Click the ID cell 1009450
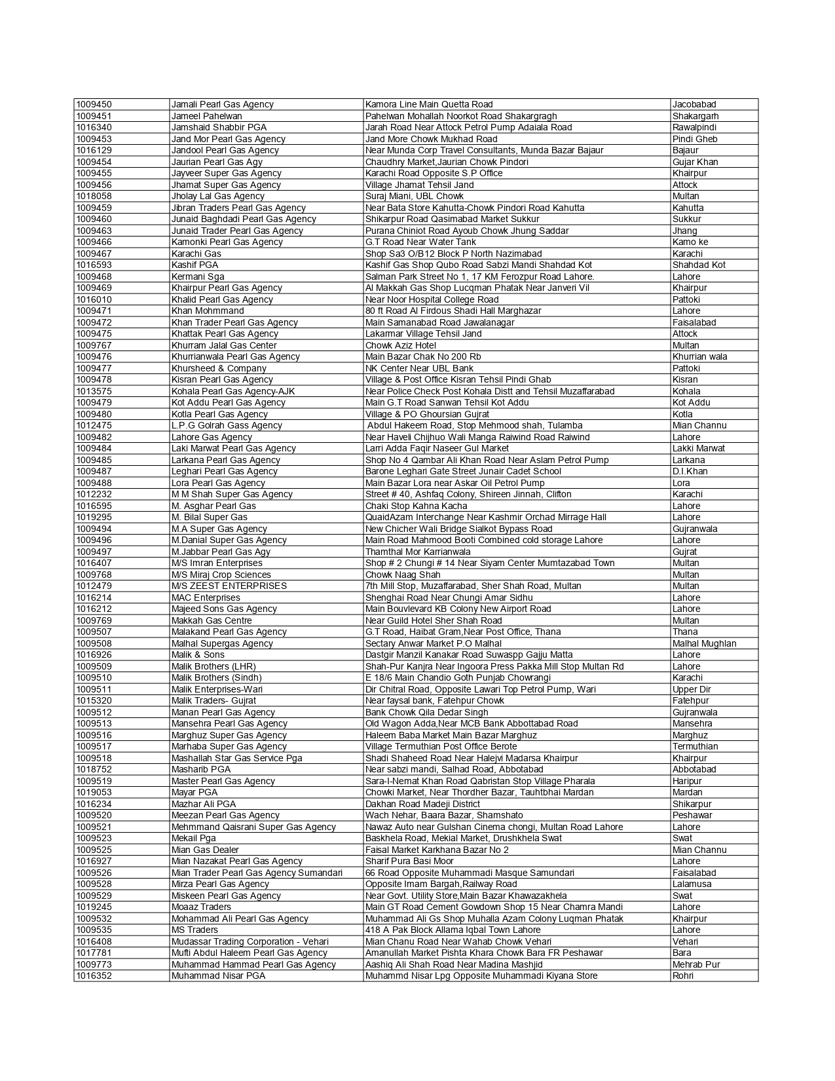pos(94,104)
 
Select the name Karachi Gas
pos(196,254)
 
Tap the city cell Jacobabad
pos(694,104)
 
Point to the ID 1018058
pos(94,196)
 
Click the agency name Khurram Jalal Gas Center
pos(224,345)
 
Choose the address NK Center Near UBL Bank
pos(419,368)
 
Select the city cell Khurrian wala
pos(699,356)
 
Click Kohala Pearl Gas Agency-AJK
pos(233,391)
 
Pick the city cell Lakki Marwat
pos(698,448)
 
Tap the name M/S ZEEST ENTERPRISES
pos(229,586)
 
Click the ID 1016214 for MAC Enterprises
pos(94,597)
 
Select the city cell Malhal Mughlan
pos(704,643)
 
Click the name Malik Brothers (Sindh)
pos(216,677)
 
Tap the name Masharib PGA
pos(201,769)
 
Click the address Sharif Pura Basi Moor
pos(409,861)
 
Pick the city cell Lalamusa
pos(692,884)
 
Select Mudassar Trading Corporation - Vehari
pos(250,941)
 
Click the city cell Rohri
pos(683,976)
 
